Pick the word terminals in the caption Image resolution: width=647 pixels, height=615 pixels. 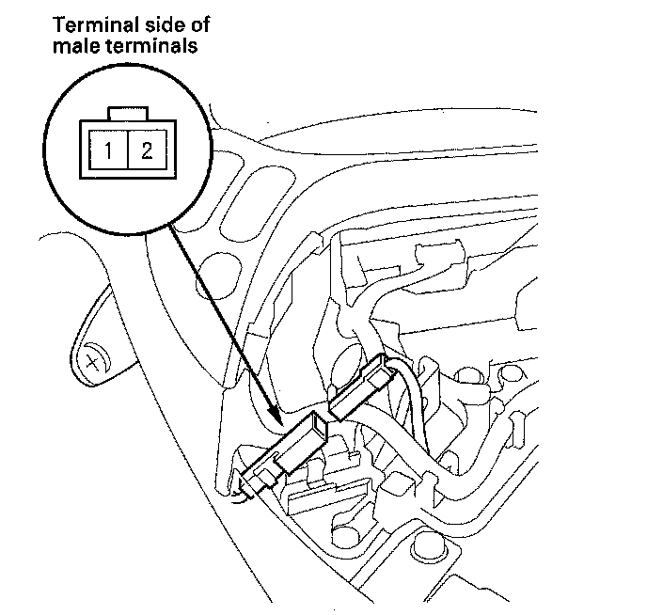coord(157,45)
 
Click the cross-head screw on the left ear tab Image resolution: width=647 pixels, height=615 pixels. coord(93,360)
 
